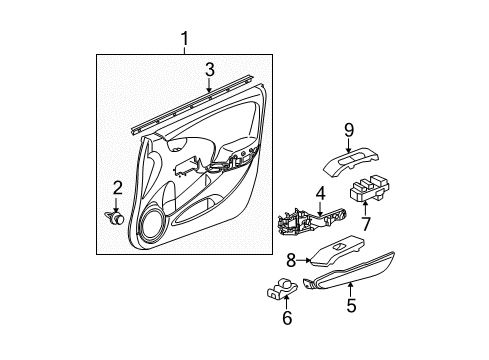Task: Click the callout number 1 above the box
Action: click(185, 39)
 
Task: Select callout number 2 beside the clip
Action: click(117, 188)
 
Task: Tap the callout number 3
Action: click(209, 70)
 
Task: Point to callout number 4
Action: click(320, 194)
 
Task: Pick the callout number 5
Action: click(351, 305)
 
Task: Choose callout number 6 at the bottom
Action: click(287, 318)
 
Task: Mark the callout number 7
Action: click(366, 224)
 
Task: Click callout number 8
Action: click(291, 260)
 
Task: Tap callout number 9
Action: click(349, 130)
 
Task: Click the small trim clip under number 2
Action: click(115, 217)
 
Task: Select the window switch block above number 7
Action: click(370, 189)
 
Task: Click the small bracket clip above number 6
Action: click(282, 288)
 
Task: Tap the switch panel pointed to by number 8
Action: click(337, 251)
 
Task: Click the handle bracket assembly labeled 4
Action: click(312, 222)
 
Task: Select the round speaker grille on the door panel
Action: click(153, 225)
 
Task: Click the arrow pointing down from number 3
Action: click(209, 85)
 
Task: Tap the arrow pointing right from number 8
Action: click(304, 260)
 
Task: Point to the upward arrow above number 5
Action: click(350, 289)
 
